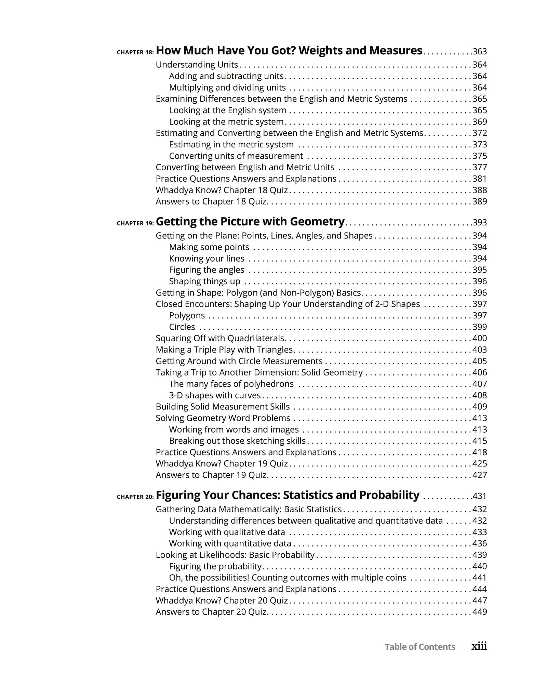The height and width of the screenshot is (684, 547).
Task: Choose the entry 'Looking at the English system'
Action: (x=228, y=110)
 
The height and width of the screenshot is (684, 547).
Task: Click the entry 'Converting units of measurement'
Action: (x=236, y=156)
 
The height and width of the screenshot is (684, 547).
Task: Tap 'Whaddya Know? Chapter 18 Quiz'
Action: (x=222, y=190)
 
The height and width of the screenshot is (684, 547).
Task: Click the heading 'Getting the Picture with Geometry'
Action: (x=250, y=222)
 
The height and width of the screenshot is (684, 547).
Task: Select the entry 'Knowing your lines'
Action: (x=206, y=259)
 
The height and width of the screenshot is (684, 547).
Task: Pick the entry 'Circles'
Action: (x=182, y=327)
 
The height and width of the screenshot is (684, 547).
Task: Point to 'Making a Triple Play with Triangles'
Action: (x=224, y=350)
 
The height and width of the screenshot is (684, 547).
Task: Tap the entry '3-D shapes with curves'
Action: (x=215, y=395)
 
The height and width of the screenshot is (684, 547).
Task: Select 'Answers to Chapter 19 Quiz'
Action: (x=211, y=475)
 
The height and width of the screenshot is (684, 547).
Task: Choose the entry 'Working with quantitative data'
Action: (x=230, y=543)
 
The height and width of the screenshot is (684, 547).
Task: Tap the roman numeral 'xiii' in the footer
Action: (x=479, y=646)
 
